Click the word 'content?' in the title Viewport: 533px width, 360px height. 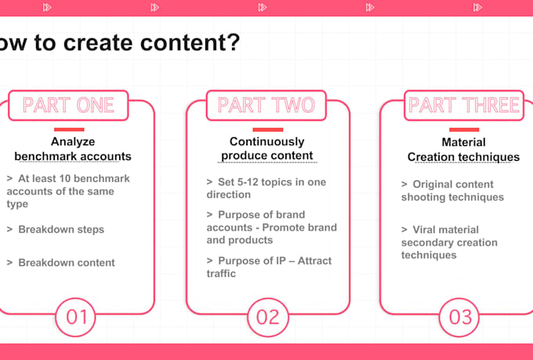point(190,42)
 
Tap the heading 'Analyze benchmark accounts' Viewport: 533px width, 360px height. point(73,149)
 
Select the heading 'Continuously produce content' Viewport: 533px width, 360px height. point(267,148)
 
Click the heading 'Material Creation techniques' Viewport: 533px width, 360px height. point(464,150)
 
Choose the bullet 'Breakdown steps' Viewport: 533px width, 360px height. point(56,229)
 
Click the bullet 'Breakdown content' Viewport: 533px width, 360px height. point(61,263)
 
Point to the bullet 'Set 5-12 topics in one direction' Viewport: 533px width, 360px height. point(266,188)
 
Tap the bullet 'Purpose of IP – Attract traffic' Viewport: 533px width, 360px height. point(269,267)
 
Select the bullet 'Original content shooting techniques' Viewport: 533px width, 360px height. point(452,191)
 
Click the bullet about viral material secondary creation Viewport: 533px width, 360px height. point(449,242)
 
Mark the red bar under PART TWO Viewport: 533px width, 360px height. point(268,129)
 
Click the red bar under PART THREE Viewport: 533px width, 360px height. point(464,129)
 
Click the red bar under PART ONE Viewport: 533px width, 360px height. point(69,129)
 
